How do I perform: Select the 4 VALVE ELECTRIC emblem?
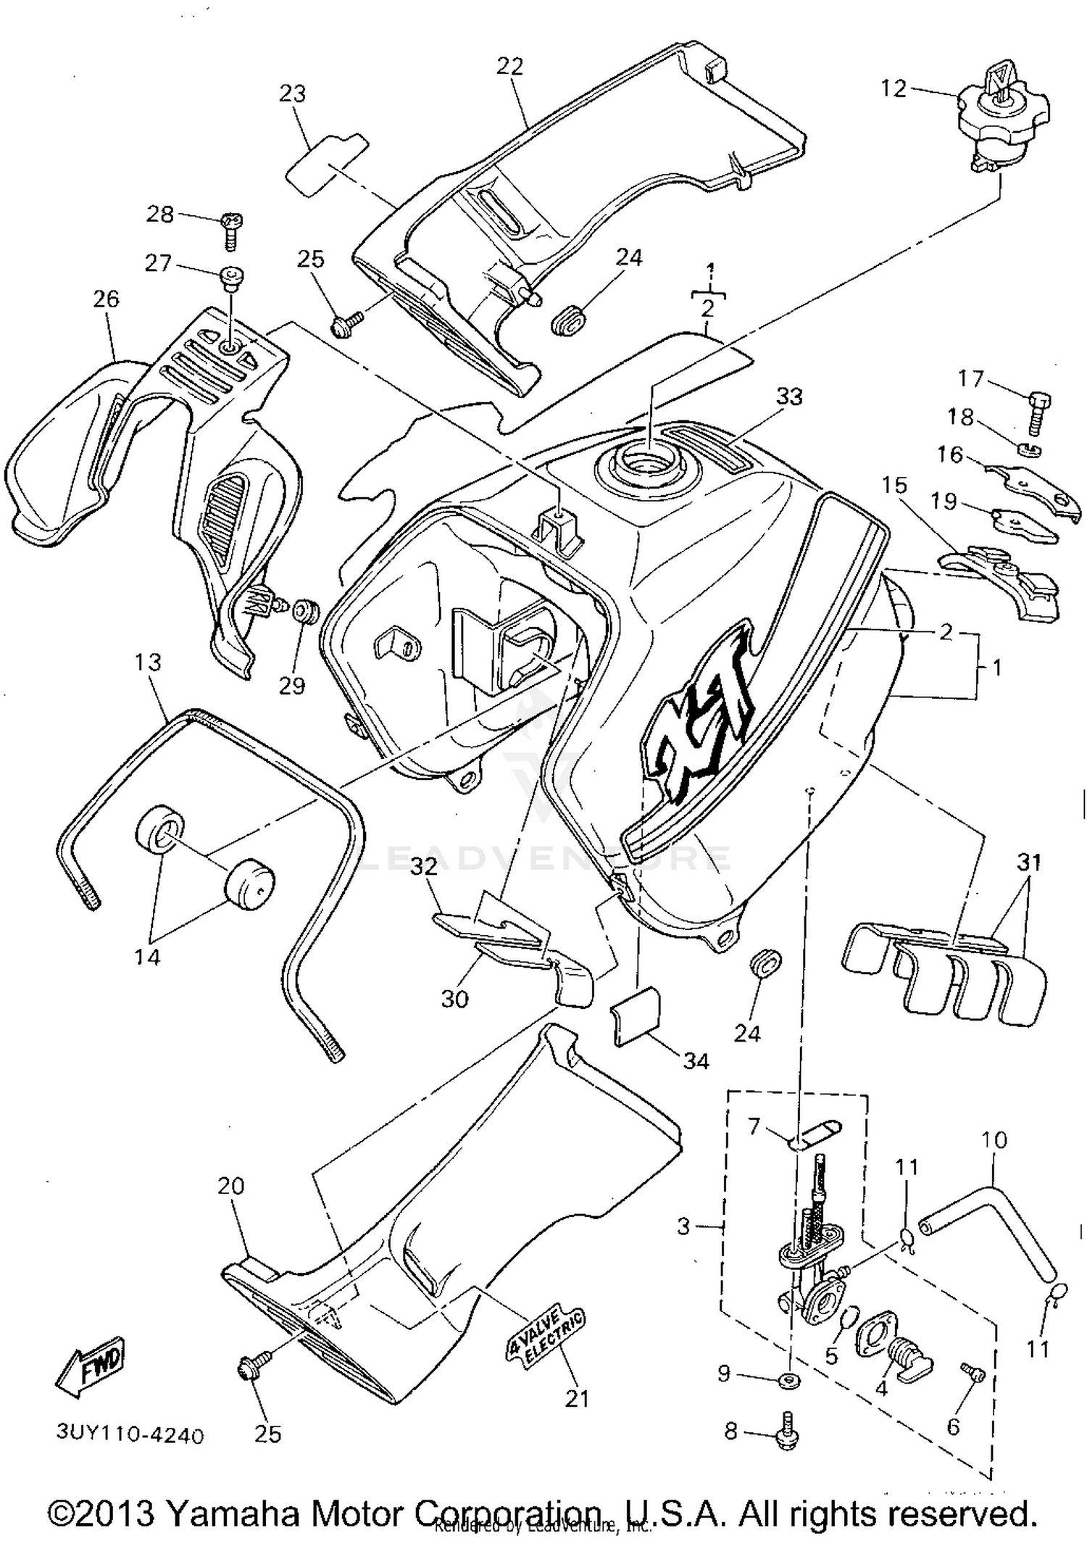click(x=546, y=1334)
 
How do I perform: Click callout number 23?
click(x=293, y=94)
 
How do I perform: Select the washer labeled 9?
click(x=788, y=1379)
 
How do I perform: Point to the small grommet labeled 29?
click(x=305, y=610)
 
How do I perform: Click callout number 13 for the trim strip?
click(x=148, y=662)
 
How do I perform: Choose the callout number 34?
click(x=696, y=1061)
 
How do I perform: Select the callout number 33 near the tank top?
click(x=789, y=396)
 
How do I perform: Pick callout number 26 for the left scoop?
click(x=106, y=299)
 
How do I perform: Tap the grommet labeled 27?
click(x=231, y=278)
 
